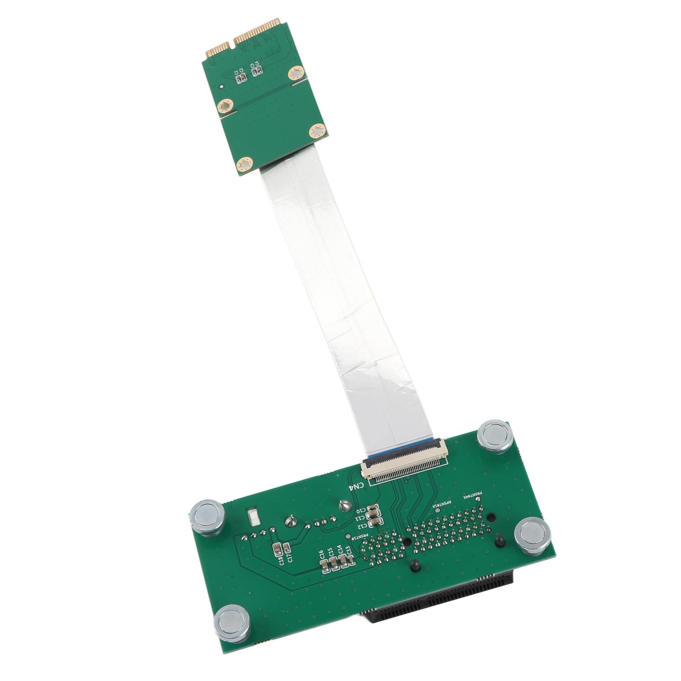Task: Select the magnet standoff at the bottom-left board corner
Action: [231, 623]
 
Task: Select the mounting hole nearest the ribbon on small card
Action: [244, 164]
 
